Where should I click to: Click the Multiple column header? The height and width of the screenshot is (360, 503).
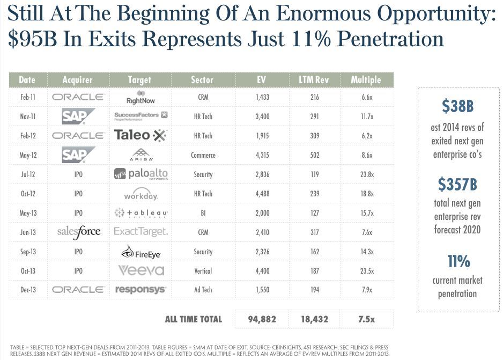[x=366, y=80]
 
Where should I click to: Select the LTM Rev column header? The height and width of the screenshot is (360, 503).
[x=314, y=80]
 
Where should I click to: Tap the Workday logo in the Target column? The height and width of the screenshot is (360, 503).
[x=140, y=195]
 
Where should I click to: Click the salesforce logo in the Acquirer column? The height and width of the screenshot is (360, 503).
[x=78, y=232]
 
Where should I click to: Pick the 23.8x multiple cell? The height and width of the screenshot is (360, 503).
[x=367, y=174]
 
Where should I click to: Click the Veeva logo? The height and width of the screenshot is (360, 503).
[x=141, y=270]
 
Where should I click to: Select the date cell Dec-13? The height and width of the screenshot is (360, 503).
[x=28, y=290]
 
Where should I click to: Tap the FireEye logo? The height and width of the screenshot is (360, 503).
[x=140, y=252]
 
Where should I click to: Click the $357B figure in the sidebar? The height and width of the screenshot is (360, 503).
[x=457, y=185]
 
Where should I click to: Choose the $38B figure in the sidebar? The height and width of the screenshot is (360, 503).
[x=457, y=106]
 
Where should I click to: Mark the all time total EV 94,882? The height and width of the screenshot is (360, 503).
[x=262, y=319]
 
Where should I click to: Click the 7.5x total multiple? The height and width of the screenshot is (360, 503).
[x=367, y=319]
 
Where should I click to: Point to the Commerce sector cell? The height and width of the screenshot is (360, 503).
[x=203, y=155]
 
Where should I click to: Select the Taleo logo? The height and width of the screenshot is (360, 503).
[x=140, y=135]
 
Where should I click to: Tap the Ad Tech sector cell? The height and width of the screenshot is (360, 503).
[x=203, y=290]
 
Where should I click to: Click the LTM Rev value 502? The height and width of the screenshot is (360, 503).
[x=314, y=155]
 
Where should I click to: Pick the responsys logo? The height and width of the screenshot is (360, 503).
[x=140, y=290]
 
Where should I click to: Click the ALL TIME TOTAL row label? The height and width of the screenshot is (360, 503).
[x=193, y=319]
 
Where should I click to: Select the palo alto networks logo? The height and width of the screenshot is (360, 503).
[x=140, y=174]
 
